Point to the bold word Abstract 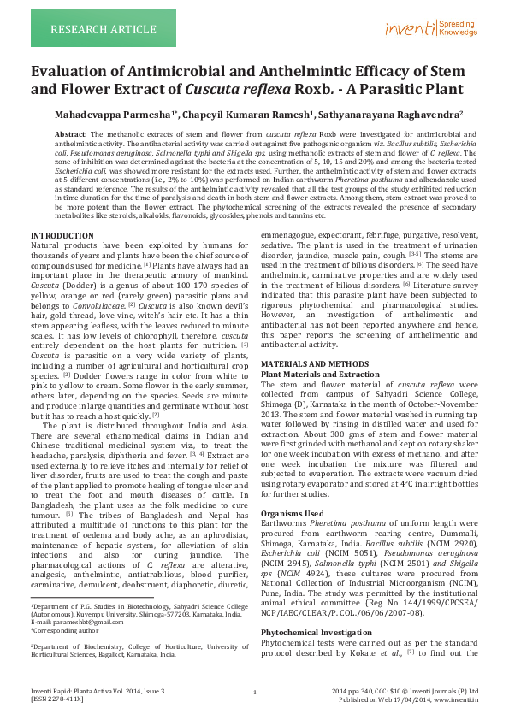tap(70, 135)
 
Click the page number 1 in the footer tap(255, 692)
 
